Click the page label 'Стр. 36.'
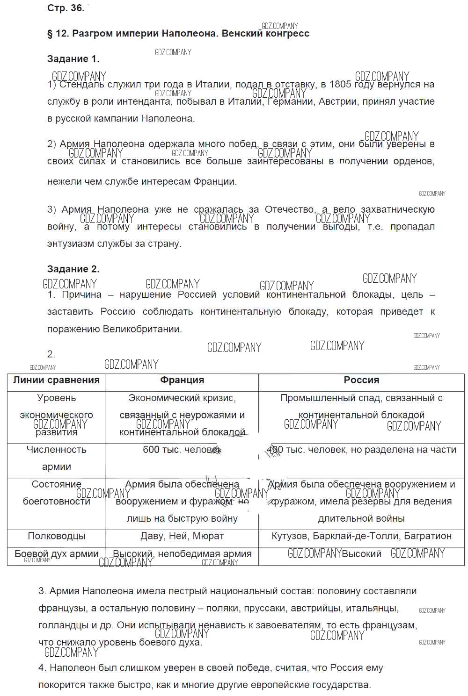click(66, 8)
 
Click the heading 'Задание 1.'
click(73, 59)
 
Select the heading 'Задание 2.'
click(73, 269)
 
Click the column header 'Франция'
click(182, 380)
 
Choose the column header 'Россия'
click(361, 380)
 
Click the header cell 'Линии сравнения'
click(56, 380)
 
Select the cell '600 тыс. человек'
click(182, 450)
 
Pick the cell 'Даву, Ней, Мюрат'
click(182, 536)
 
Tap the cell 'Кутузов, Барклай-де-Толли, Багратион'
click(361, 536)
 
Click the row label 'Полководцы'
click(56, 536)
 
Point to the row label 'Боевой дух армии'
click(56, 554)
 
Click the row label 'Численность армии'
click(56, 458)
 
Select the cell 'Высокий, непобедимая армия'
click(182, 554)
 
